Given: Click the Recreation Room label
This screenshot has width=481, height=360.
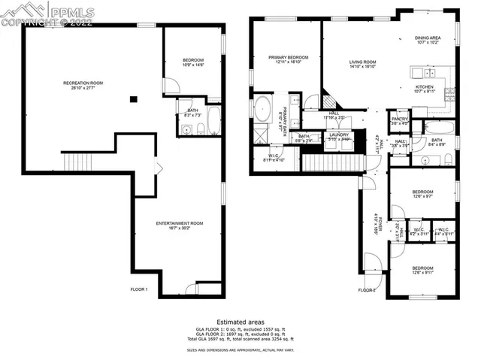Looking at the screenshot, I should (x=83, y=85).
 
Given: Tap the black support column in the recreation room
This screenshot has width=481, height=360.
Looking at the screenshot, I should (x=132, y=98).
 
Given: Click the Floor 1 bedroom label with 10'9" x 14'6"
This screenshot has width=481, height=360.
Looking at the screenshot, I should (x=193, y=63).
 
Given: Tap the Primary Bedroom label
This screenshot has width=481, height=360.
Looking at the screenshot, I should (x=289, y=60).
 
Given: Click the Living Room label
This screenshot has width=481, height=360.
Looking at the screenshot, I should (x=362, y=65).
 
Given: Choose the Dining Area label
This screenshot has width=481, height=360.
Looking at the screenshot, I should (x=427, y=39).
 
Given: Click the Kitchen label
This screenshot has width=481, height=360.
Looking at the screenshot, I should (x=425, y=89).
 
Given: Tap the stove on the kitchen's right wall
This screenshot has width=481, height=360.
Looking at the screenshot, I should (x=449, y=94).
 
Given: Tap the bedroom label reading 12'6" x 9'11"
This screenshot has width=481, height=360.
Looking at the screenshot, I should (x=422, y=271).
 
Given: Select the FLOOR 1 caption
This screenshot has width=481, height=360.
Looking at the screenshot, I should (x=139, y=289).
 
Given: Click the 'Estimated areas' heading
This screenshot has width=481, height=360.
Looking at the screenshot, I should (x=240, y=322).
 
